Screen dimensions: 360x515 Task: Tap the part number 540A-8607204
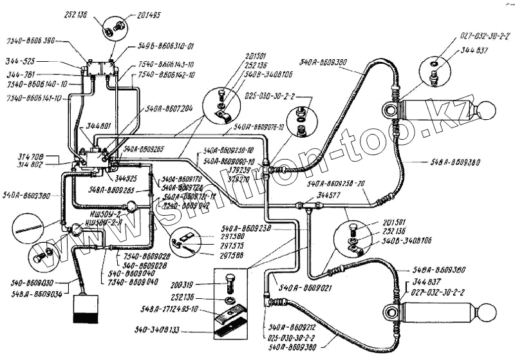coord(169,109)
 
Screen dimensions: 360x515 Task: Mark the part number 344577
coord(329,193)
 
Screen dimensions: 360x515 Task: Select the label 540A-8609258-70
coord(337,184)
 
